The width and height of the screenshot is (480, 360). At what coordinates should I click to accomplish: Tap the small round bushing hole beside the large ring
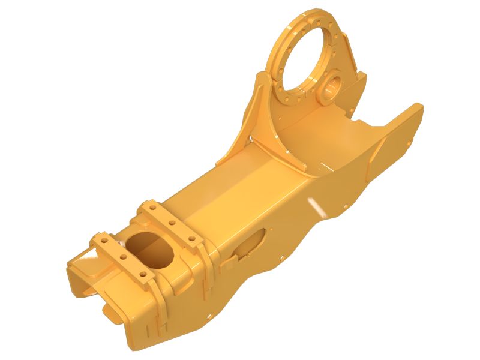332,86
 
